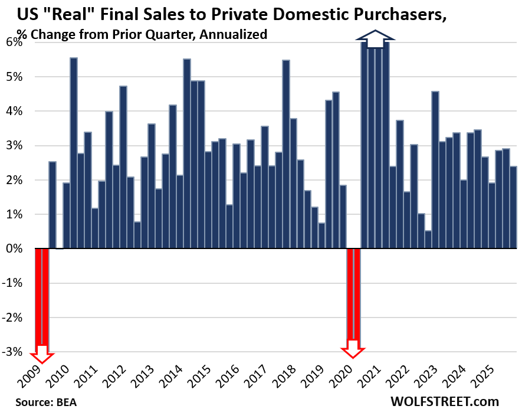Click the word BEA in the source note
point(66,402)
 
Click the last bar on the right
point(513,207)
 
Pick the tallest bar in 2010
point(74,153)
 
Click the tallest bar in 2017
point(286,154)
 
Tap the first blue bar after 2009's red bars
point(52,205)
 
